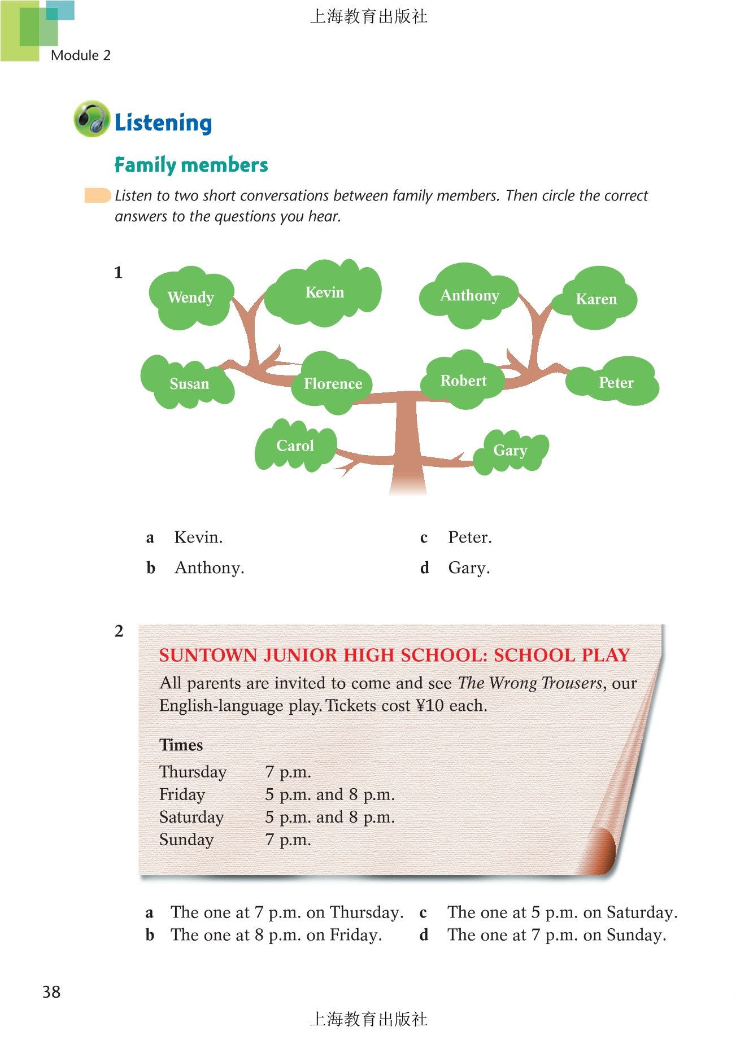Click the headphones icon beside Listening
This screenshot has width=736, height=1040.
click(x=92, y=119)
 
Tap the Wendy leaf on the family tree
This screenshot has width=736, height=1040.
click(x=190, y=298)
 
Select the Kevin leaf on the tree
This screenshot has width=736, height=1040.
click(x=324, y=292)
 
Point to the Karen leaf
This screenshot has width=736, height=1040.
click(x=596, y=299)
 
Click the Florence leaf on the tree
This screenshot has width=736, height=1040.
click(x=333, y=384)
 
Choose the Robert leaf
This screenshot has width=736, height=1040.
click(x=463, y=381)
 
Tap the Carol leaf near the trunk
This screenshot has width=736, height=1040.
click(x=295, y=446)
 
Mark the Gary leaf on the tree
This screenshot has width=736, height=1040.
click(x=510, y=451)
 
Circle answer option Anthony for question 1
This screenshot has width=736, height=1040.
click(x=209, y=568)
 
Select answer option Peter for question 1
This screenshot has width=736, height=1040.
click(x=469, y=538)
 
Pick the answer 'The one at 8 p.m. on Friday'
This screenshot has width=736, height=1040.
click(x=276, y=936)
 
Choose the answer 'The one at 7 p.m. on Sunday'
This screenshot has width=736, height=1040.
click(x=556, y=936)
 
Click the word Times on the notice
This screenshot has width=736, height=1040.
click(x=181, y=745)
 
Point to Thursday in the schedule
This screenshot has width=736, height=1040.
click(x=193, y=772)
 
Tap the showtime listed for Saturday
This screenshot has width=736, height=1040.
click(x=330, y=818)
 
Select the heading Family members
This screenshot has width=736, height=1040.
click(x=191, y=165)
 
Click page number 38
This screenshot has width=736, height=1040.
click(x=51, y=992)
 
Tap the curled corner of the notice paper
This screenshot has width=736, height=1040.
click(x=602, y=850)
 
